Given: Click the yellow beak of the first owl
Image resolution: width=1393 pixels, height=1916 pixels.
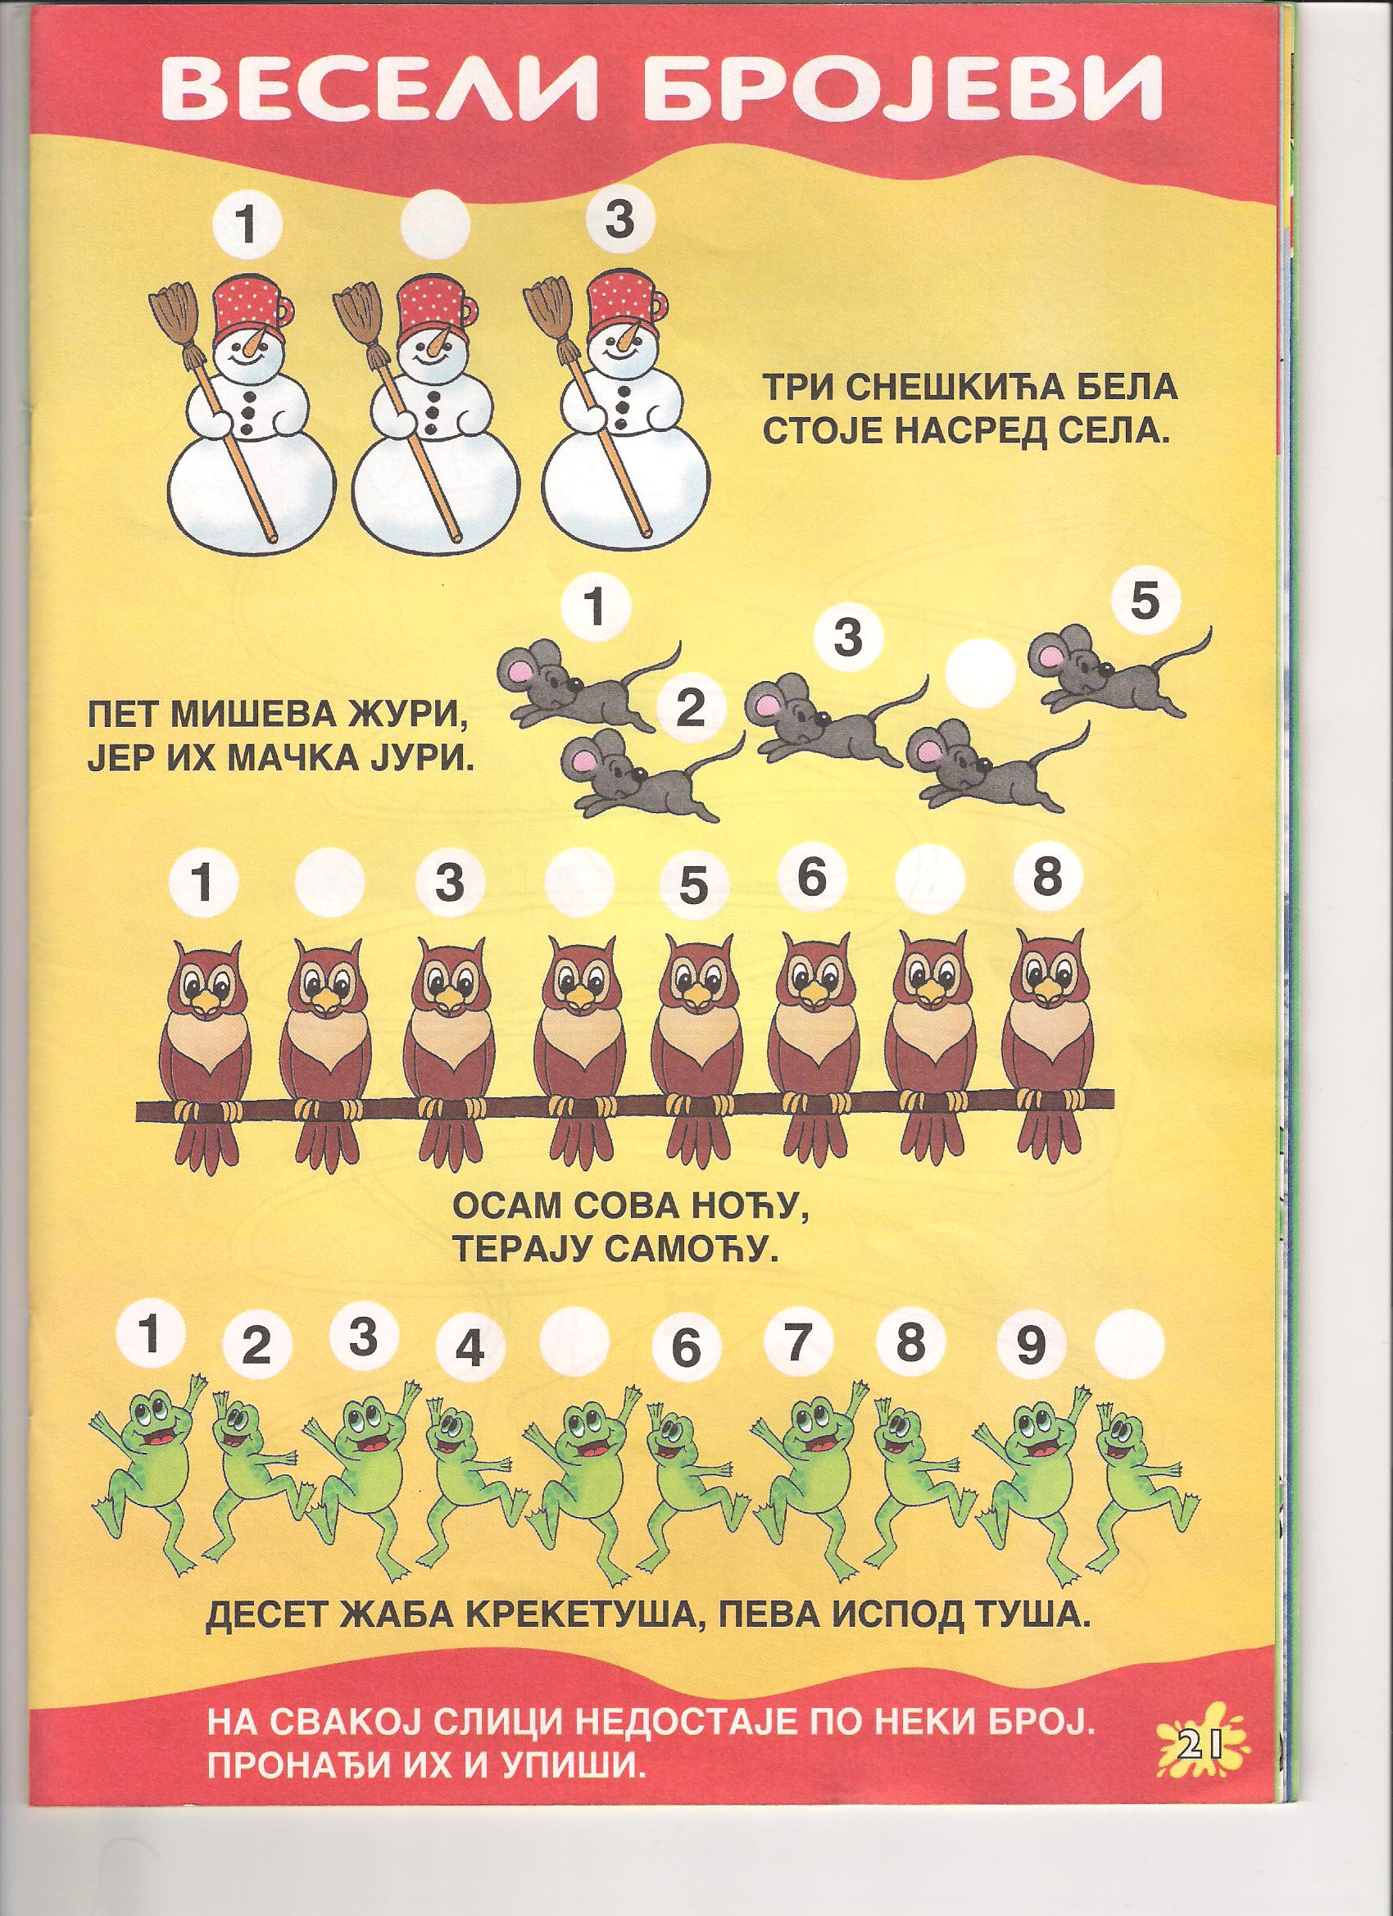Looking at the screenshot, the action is [x=207, y=1002].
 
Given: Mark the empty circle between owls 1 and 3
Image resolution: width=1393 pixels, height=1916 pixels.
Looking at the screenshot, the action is [x=329, y=883].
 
